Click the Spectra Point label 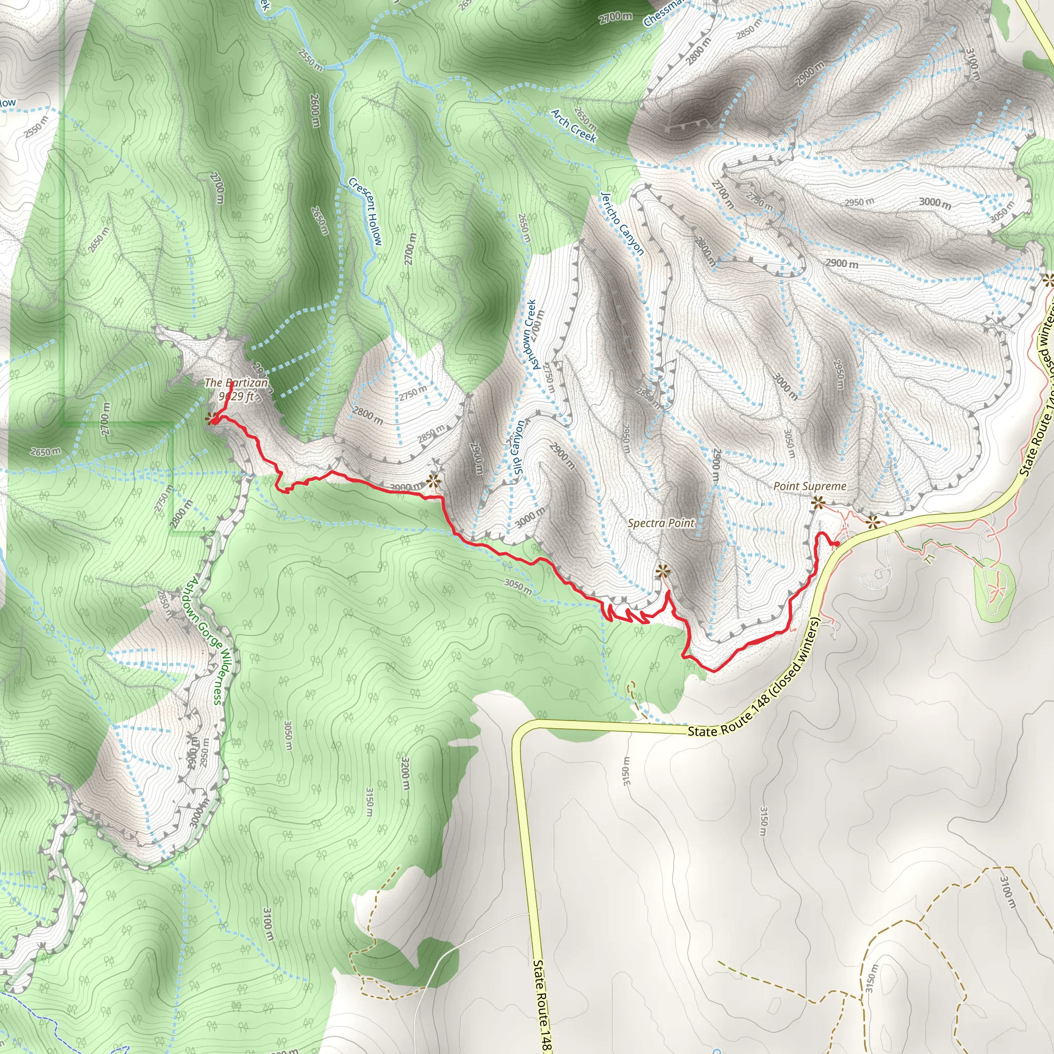[x=661, y=523]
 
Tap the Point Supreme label [x=810, y=486]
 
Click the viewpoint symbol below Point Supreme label [x=817, y=503]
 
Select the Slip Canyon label [x=517, y=447]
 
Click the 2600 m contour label [x=315, y=111]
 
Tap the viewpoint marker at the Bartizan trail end [x=210, y=418]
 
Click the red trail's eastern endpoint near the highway [x=837, y=543]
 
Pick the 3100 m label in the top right [x=973, y=64]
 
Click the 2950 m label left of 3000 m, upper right [x=859, y=202]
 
